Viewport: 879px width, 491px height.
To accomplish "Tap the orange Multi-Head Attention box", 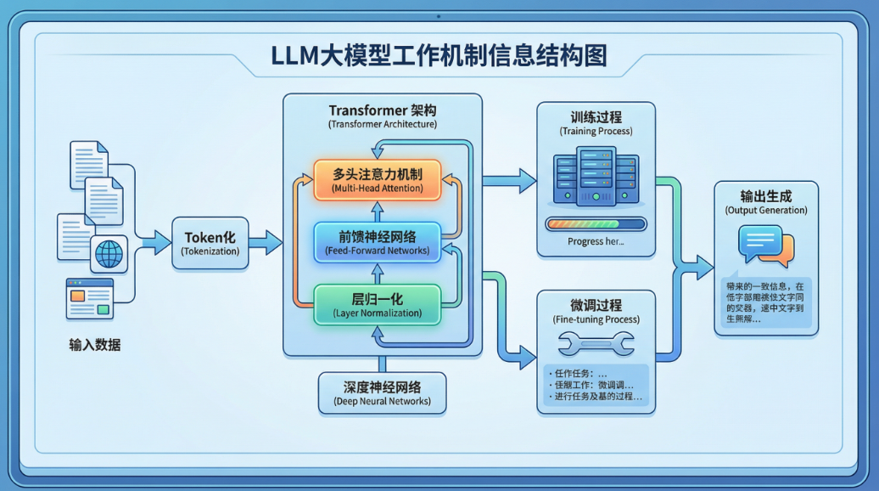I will (x=378, y=180).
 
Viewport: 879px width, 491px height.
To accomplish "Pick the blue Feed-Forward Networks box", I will (x=378, y=243).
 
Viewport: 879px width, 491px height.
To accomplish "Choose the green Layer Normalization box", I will (x=378, y=305).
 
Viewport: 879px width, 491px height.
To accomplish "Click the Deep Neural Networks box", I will (x=382, y=392).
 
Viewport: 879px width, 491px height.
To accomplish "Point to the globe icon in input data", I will (x=109, y=253).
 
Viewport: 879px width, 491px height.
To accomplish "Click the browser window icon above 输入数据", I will (x=91, y=299).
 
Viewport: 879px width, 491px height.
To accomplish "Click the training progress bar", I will (x=596, y=224).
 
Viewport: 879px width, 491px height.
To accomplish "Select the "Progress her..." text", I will (x=596, y=241).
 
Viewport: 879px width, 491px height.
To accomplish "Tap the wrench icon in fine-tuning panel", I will (x=596, y=343).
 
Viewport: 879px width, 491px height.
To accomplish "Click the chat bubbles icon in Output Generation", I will (x=766, y=245).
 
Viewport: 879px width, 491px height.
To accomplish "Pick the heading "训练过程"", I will (x=596, y=117).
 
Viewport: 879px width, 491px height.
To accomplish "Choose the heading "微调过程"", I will (x=596, y=305).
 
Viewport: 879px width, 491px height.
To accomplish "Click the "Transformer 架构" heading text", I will (x=382, y=110).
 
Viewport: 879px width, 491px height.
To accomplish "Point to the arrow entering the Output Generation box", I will (x=703, y=268).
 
